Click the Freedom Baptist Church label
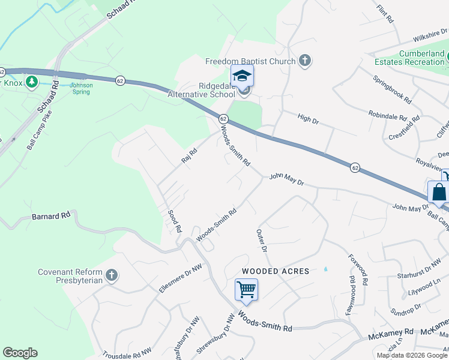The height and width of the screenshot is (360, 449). click(x=250, y=61)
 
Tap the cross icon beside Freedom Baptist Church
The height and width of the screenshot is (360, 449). click(x=305, y=60)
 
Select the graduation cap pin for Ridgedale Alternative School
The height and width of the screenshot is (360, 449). click(x=243, y=76)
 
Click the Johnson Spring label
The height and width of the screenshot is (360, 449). click(x=82, y=88)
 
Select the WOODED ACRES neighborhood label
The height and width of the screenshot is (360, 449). click(x=276, y=271)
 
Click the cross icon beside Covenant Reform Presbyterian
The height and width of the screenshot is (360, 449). click(x=110, y=275)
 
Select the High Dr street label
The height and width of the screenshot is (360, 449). click(x=308, y=119)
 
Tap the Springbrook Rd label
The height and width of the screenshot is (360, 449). click(x=392, y=88)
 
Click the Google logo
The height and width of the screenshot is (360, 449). click(x=20, y=353)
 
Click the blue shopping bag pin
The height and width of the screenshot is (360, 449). click(x=439, y=193)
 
